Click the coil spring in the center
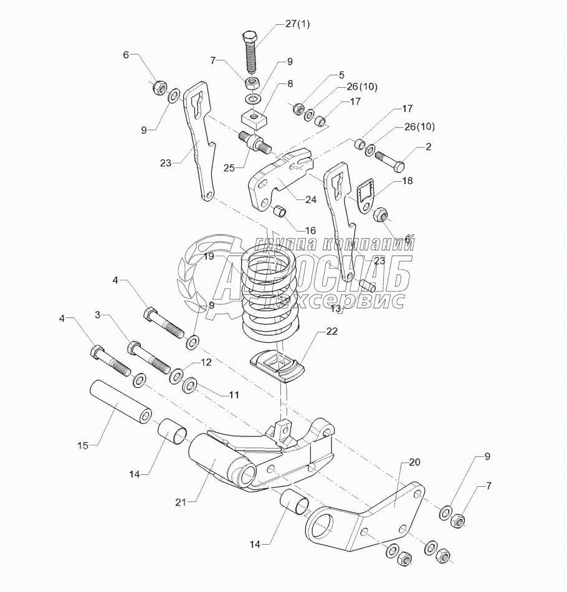pos(269,293)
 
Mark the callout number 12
pos(206,362)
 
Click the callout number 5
pos(341,75)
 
